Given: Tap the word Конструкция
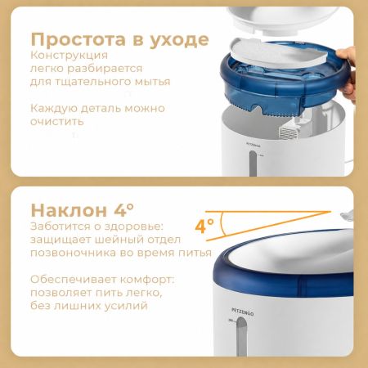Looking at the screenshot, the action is coord(69,56).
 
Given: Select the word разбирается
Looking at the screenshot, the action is coord(105,69).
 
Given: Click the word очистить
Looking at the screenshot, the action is coord(57,121).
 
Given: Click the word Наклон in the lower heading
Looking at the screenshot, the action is coord(69,210).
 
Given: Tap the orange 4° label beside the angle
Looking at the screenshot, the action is coord(204,226).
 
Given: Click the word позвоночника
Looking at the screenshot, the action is coord(73,253).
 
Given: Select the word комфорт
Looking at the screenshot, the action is coord(147,280).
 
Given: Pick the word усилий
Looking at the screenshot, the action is coord(128,306).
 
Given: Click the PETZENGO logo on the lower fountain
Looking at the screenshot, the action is coord(242,312).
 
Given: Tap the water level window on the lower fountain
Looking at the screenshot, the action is coord(241,337).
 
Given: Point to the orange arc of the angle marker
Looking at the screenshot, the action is coord(222,224).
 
